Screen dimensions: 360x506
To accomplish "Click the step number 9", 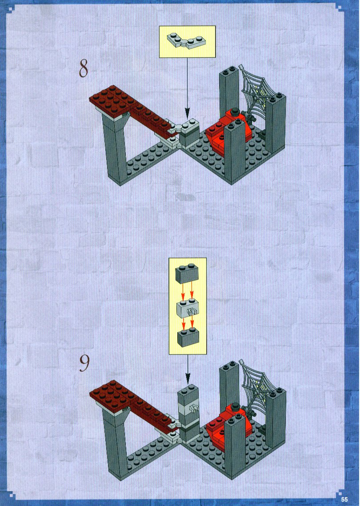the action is point(84,364).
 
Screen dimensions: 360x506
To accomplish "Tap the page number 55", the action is point(345,499).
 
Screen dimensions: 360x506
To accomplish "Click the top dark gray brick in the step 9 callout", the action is point(187,274).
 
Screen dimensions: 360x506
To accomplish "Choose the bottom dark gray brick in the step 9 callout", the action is point(188,337).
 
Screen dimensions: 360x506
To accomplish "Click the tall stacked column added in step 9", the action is point(189,413).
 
